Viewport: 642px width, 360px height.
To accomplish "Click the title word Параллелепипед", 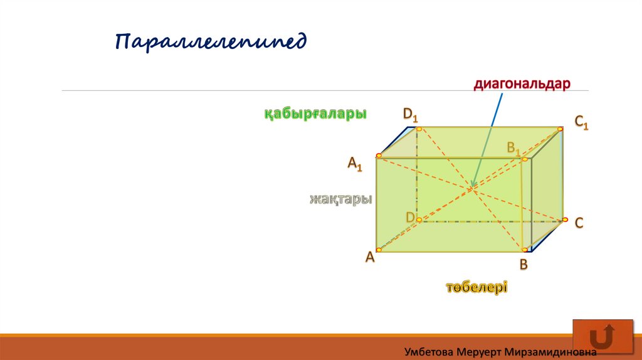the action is pos(211,42).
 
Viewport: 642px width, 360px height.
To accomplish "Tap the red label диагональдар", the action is pos(522,84).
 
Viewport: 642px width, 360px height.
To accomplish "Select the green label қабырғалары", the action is pos(315,114).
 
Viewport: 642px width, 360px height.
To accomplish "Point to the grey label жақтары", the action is pos(340,199).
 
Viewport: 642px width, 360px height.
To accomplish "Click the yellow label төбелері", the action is pos(476,287).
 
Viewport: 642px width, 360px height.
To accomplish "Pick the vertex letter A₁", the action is pos(355,164).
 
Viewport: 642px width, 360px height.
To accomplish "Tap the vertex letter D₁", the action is pos(410,115).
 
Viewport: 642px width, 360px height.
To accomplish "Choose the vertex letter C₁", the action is pos(581,122).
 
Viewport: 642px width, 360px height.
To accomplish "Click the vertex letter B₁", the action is pos(513,148).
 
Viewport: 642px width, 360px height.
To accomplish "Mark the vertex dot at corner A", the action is pos(379,250).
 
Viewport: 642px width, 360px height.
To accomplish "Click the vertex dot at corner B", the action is pos(525,250).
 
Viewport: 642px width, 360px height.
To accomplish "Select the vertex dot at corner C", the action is pos(565,220).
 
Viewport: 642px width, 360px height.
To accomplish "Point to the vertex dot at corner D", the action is pos(419,220).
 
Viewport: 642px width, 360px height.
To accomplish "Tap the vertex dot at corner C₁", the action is pos(560,129).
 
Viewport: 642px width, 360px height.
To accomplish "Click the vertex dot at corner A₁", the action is pos(379,156).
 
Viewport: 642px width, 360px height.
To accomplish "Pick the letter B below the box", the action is pos(524,265).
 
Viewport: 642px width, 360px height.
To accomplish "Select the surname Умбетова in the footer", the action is pos(429,352).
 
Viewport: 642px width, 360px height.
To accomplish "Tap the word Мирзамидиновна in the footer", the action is pos(550,352).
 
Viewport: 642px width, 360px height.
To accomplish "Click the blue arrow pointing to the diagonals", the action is pos(487,140).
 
